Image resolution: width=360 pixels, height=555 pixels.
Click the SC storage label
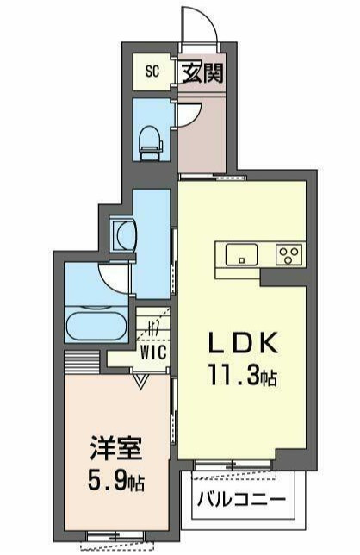click(x=152, y=72)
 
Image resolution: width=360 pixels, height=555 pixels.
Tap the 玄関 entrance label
click(x=202, y=73)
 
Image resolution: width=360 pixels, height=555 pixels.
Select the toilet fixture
click(x=151, y=144)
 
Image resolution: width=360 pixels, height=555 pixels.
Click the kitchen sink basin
click(x=241, y=253)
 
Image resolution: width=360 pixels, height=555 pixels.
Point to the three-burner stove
click(x=289, y=254)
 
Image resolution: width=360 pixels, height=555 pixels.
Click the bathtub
click(x=96, y=325)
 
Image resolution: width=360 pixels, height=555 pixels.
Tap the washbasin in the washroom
click(x=122, y=235)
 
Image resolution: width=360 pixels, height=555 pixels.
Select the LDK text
click(x=243, y=343)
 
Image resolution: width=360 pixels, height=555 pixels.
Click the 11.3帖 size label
click(x=242, y=375)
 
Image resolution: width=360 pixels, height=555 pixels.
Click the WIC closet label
click(x=153, y=352)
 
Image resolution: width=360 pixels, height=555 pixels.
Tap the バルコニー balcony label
click(x=241, y=500)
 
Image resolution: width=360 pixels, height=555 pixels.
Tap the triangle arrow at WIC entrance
click(x=141, y=382)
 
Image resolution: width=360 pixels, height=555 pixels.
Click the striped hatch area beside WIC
click(x=82, y=363)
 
